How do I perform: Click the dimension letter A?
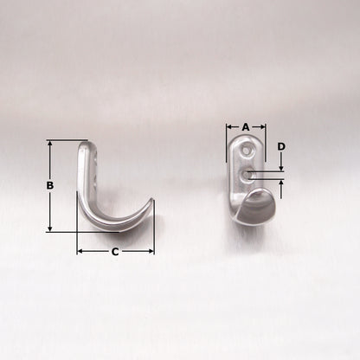(x=246, y=126)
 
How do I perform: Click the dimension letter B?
(x=50, y=185)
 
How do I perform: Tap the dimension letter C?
(x=115, y=252)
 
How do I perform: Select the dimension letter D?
(x=281, y=147)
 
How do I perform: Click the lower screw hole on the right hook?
(x=247, y=175)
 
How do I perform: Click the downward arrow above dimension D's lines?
(x=281, y=168)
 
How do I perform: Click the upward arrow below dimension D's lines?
(x=281, y=184)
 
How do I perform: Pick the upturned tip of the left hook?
(x=151, y=204)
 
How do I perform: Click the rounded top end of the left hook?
(x=85, y=145)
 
